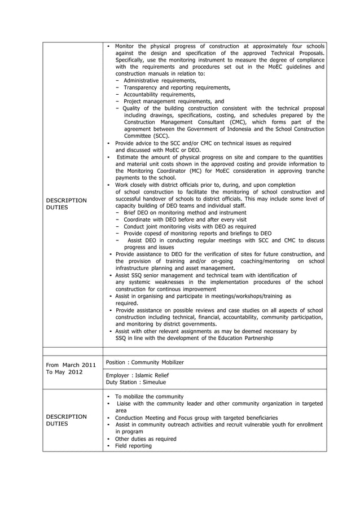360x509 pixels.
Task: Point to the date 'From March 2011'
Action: tap(71, 365)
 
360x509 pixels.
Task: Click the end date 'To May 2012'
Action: tap(63, 372)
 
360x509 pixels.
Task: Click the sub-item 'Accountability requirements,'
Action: tap(159, 94)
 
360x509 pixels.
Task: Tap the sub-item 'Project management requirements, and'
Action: tap(173, 101)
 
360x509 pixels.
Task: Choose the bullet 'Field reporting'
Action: tap(133, 446)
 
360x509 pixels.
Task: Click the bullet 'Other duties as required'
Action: tap(146, 438)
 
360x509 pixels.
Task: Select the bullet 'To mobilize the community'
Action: tap(149, 397)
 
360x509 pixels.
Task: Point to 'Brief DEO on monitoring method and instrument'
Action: tap(185, 212)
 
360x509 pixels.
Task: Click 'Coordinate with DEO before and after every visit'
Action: tap(185, 220)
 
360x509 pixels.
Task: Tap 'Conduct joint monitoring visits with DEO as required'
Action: tap(190, 226)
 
